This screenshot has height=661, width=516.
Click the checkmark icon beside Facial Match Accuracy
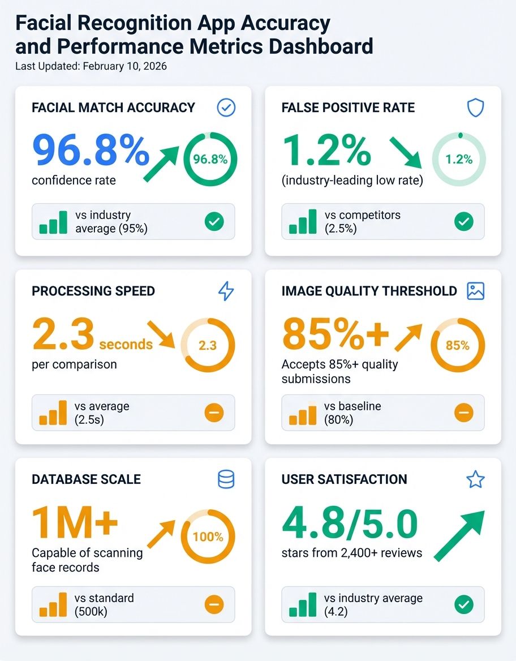[x=226, y=108]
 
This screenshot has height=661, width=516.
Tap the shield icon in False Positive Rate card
[x=475, y=108]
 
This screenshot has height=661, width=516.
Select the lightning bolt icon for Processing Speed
[x=226, y=291]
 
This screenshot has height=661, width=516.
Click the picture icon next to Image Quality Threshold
[x=475, y=291]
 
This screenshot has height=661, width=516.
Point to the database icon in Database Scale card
[x=226, y=479]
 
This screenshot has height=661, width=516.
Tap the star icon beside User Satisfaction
[x=475, y=479]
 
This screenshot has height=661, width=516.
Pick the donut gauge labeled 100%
[x=208, y=536]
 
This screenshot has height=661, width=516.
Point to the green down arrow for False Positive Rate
[x=406, y=152]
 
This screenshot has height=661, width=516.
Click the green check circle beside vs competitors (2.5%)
[x=463, y=222]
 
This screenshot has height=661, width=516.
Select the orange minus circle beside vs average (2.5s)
[x=214, y=413]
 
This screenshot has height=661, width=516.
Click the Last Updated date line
[x=91, y=66]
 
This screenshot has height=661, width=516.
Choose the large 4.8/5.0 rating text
[x=349, y=525]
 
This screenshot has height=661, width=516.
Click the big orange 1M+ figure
[x=75, y=522]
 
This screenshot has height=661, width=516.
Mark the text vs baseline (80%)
[x=352, y=413]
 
